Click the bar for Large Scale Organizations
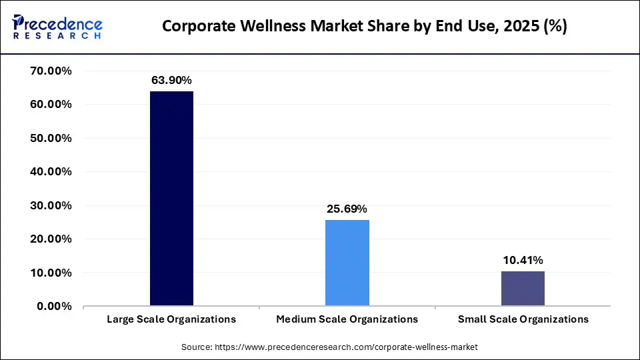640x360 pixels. [171, 199]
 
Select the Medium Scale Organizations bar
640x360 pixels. [347, 263]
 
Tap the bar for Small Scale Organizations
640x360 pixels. [523, 289]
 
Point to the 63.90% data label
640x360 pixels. [171, 80]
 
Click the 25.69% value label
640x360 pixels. [347, 209]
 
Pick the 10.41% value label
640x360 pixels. [523, 260]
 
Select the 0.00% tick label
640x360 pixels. [55, 306]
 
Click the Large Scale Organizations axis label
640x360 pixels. [171, 319]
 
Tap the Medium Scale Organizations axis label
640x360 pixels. [347, 319]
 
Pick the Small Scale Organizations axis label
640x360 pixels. [523, 319]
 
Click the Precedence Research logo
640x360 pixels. [57, 27]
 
